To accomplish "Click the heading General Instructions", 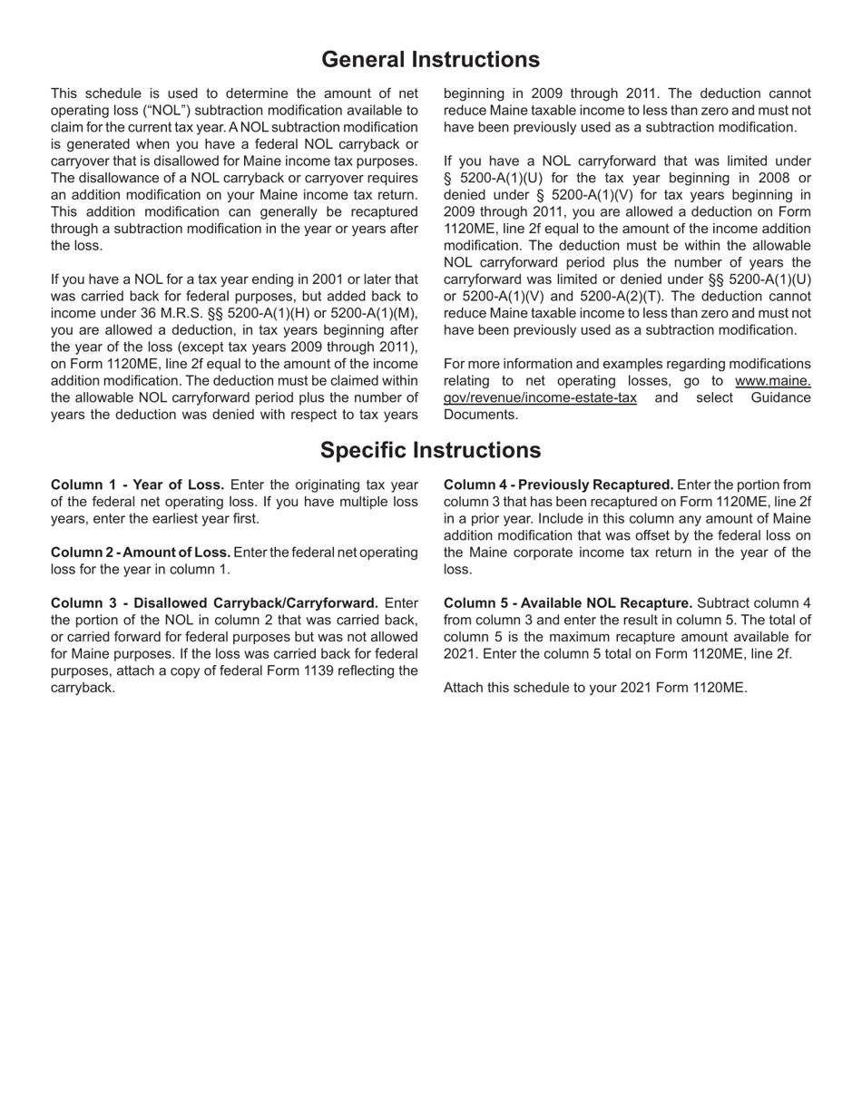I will pyautogui.click(x=430, y=60).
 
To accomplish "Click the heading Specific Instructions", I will pyautogui.click(x=430, y=450).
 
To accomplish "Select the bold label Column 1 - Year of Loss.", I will pyautogui.click(x=137, y=485).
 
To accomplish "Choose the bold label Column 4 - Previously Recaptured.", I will pyautogui.click(x=558, y=485).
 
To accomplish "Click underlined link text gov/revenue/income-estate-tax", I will pyautogui.click(x=540, y=398).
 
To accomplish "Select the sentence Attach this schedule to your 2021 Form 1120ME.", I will pyautogui.click(x=595, y=688).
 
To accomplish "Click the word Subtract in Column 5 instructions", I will pyautogui.click(x=723, y=603).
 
